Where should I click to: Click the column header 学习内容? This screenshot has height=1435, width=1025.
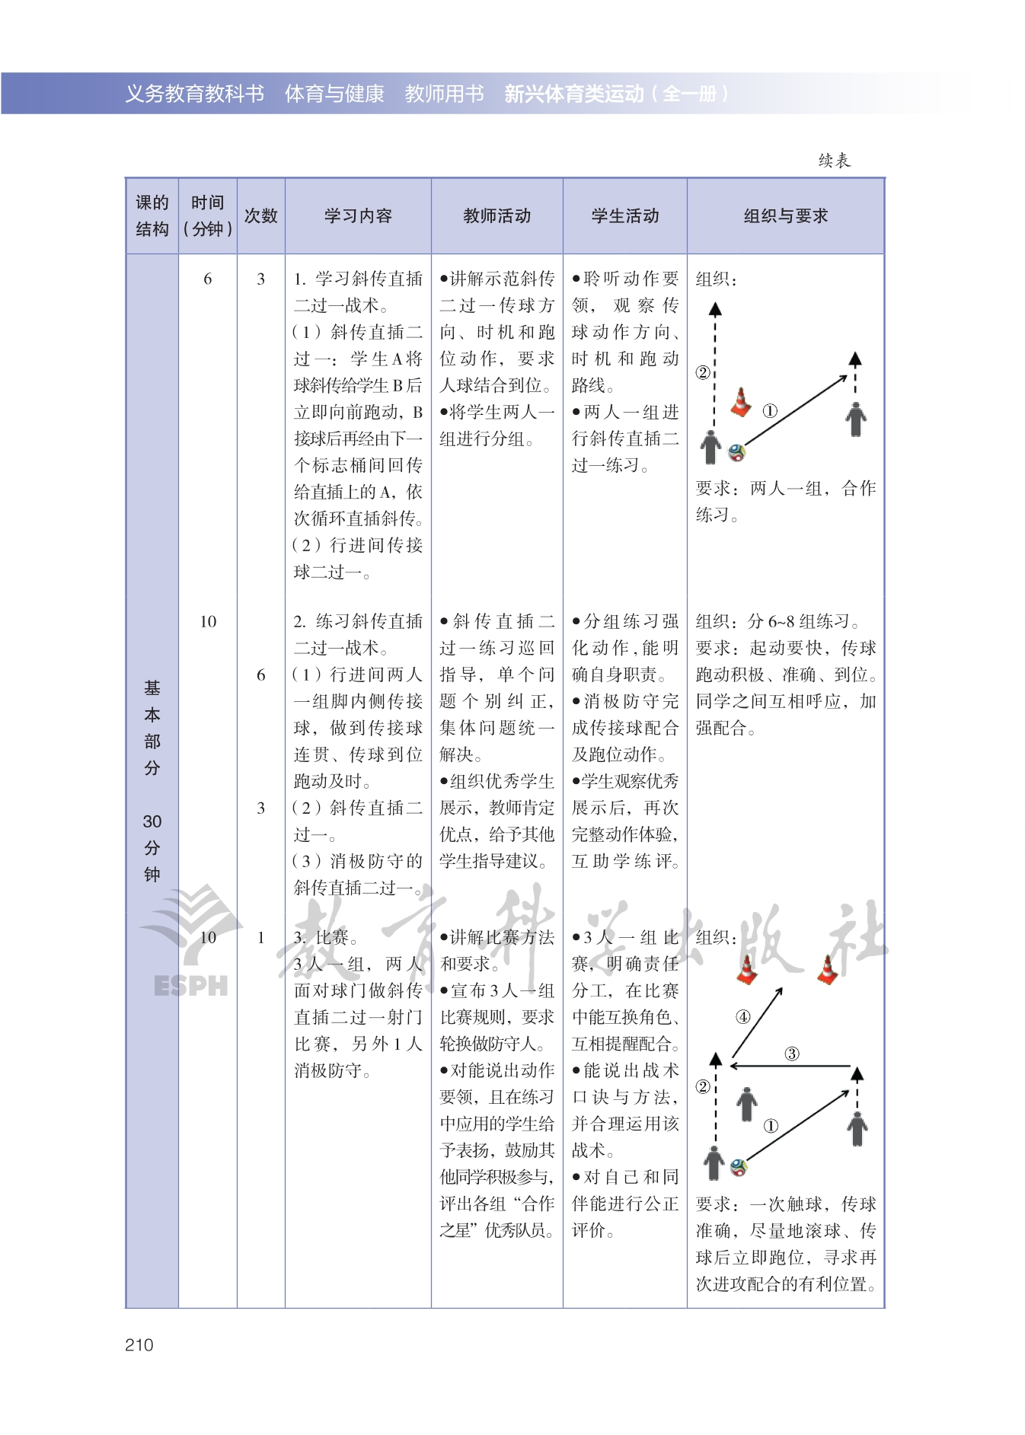(358, 216)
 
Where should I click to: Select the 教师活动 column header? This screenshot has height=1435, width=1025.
(497, 216)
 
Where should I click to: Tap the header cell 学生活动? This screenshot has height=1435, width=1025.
(624, 216)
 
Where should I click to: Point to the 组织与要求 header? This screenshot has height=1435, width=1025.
(785, 216)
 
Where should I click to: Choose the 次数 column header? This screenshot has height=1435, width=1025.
(260, 216)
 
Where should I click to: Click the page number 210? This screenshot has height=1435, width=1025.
(139, 1344)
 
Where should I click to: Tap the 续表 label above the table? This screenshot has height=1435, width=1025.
(834, 161)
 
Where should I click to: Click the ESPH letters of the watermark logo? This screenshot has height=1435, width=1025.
(190, 985)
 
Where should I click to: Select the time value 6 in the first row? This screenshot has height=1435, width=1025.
(207, 279)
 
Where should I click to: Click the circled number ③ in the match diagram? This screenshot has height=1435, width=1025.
(792, 1054)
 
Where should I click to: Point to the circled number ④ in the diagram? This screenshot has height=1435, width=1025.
(742, 1016)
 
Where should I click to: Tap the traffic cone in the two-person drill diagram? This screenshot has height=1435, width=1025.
(741, 402)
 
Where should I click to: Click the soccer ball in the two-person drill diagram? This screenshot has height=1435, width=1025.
(736, 453)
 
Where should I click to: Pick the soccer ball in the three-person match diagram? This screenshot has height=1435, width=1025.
(738, 1166)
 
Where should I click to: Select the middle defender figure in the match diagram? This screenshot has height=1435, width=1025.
(747, 1103)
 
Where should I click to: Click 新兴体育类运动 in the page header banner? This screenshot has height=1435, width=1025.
(574, 94)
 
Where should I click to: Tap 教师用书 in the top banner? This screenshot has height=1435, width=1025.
(444, 94)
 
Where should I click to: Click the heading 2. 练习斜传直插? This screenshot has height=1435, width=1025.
(358, 622)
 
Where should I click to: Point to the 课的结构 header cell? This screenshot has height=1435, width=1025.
(152, 216)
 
